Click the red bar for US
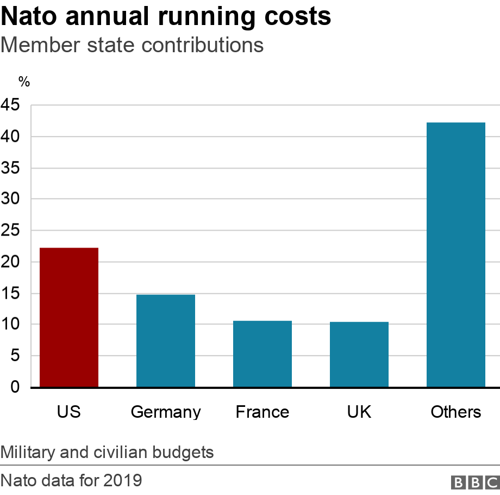click(x=69, y=318)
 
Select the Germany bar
click(x=166, y=341)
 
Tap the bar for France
click(x=262, y=354)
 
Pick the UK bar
click(x=359, y=355)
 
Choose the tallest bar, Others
click(x=456, y=255)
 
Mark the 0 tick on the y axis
click(x=15, y=387)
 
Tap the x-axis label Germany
click(x=166, y=412)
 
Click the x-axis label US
click(x=69, y=412)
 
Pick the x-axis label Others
click(x=456, y=412)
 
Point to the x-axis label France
click(x=262, y=412)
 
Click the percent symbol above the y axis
click(x=24, y=82)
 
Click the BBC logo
click(x=474, y=482)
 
